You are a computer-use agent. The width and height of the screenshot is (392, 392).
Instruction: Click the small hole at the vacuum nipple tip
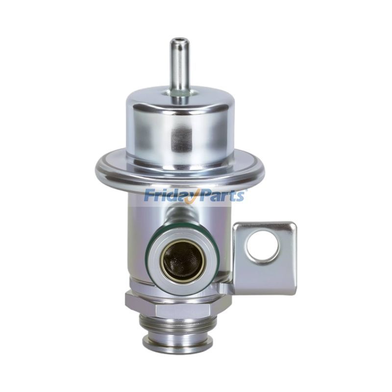pyautogui.click(x=178, y=40)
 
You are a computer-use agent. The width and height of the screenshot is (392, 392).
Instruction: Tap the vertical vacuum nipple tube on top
pyautogui.click(x=178, y=68)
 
